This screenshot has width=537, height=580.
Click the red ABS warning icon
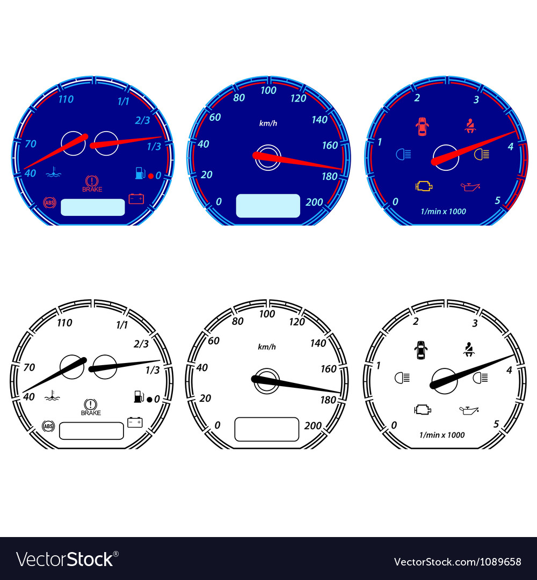[49, 202]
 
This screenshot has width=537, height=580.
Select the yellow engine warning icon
[424, 186]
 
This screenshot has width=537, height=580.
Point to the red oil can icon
[470, 186]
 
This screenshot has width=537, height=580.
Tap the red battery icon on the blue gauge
[136, 199]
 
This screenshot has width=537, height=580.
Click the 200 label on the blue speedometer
[314, 202]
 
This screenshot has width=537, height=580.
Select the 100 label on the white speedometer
[267, 314]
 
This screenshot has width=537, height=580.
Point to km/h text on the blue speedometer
[268, 123]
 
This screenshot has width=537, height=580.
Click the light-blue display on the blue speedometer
[268, 206]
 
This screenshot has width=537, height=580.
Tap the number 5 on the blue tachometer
[497, 200]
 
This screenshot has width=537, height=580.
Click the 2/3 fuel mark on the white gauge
[141, 344]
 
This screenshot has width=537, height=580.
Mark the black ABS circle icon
[48, 426]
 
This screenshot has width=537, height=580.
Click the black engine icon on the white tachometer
[423, 410]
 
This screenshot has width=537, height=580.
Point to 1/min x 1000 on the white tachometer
[442, 435]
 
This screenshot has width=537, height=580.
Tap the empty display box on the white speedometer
[266, 429]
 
